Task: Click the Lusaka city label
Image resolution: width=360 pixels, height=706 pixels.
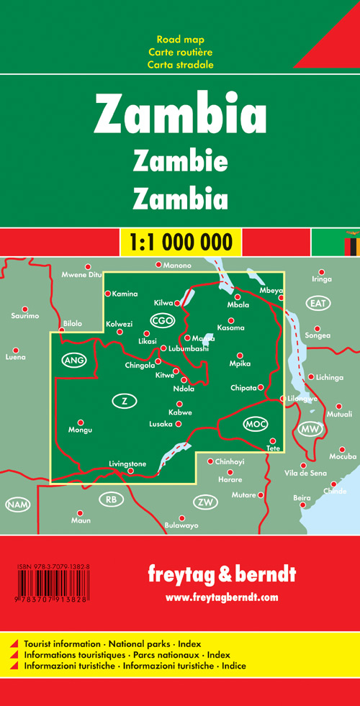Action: [161, 424]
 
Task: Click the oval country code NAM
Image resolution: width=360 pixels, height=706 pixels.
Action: [17, 504]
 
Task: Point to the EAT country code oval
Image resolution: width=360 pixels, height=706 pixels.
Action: [318, 303]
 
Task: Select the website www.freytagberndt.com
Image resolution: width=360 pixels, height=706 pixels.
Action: [221, 597]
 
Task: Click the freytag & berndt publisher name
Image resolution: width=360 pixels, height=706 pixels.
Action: [221, 575]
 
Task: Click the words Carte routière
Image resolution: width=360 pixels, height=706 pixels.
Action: [180, 52]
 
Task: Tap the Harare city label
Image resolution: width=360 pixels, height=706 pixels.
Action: [230, 479]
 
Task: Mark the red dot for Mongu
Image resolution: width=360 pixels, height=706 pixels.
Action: [81, 422]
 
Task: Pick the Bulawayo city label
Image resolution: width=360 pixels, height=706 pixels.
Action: [181, 526]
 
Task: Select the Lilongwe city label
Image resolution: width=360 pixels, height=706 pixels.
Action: [302, 398]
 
